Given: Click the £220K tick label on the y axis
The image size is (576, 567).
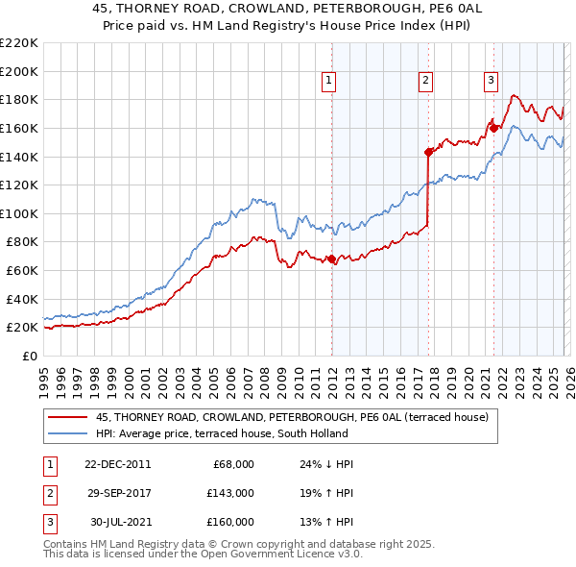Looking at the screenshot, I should (19, 43).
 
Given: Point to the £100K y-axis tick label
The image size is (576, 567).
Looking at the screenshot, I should (19, 213).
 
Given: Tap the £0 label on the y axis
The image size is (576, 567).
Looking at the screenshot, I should (31, 356).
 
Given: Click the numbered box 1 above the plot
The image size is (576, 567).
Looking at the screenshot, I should (329, 82).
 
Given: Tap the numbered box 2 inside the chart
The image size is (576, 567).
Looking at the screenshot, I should (424, 82).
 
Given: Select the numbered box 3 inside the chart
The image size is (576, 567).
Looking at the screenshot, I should (491, 82).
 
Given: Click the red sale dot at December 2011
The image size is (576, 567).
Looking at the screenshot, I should (331, 259).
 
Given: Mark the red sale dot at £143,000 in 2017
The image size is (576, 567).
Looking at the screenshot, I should (429, 151).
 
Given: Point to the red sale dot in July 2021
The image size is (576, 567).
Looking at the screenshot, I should (493, 127).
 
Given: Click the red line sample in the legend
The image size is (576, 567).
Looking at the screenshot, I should (67, 418).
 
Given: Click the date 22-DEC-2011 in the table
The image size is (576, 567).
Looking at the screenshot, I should (118, 464).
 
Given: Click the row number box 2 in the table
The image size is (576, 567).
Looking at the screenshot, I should (50, 493).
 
